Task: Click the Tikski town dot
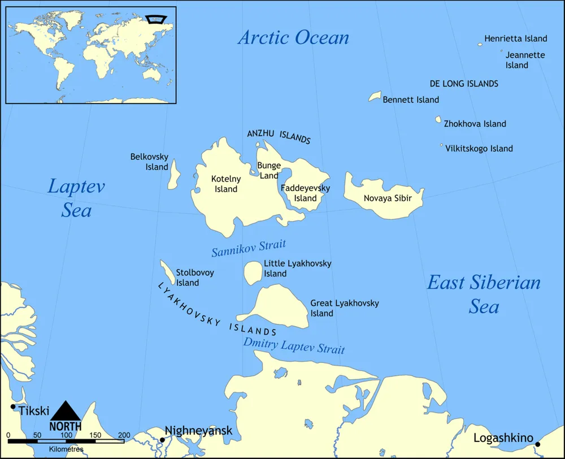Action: (x=13, y=406)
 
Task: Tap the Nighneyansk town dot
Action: (x=162, y=440)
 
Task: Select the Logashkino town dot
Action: (x=537, y=444)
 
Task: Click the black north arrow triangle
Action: (x=66, y=410)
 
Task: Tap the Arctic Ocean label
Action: (x=293, y=38)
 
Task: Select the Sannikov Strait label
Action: (x=249, y=248)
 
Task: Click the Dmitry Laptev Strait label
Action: (x=294, y=345)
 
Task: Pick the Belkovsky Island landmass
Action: (x=174, y=174)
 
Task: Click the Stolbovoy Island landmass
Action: (x=167, y=272)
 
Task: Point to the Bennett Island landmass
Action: (x=375, y=97)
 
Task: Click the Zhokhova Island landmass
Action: (x=438, y=120)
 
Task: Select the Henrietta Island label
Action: (x=516, y=38)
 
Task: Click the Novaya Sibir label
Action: (x=388, y=198)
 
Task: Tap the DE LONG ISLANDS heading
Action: (x=464, y=84)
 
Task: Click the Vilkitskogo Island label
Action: (x=479, y=149)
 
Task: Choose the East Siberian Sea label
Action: (x=484, y=294)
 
